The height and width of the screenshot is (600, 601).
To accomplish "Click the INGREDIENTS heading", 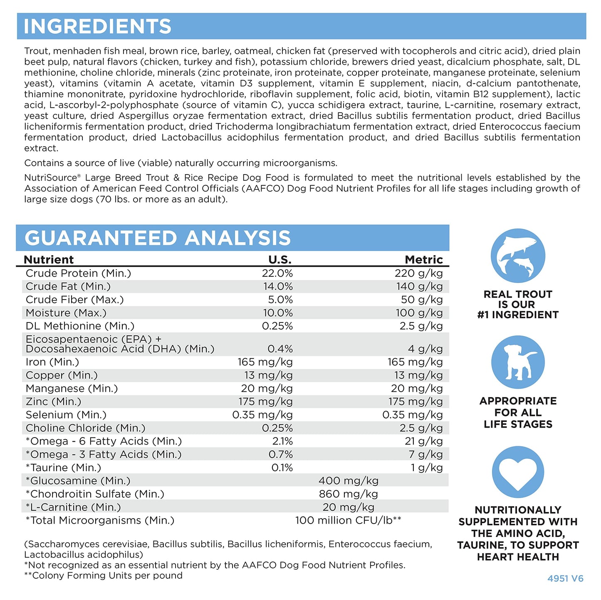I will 97,27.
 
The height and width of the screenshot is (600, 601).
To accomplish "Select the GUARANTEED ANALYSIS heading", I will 158,238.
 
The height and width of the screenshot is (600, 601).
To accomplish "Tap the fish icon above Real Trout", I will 518,256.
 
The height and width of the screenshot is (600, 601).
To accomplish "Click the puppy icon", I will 518,362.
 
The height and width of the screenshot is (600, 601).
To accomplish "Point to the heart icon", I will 518,472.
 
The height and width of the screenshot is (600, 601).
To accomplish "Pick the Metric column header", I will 423,260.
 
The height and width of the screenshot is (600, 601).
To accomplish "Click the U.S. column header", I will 279,260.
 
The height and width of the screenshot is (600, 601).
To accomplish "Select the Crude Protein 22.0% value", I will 277,273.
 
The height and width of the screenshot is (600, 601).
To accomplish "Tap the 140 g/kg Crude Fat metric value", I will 419,287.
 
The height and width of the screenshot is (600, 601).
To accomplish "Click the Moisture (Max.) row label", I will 66,313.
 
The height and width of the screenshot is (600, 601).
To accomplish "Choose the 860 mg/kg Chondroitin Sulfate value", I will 348,494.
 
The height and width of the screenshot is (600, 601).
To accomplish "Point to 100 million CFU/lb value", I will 348,521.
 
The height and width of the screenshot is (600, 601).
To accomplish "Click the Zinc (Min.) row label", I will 53,402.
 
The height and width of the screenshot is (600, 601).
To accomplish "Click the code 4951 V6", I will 565,578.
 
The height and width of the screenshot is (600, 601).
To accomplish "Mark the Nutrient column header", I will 49,260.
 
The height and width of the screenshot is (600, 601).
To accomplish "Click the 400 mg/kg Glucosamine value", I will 348,481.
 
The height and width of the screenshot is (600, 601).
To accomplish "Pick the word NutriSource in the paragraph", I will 50,178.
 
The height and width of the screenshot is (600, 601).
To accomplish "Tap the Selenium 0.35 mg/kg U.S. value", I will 262,415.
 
